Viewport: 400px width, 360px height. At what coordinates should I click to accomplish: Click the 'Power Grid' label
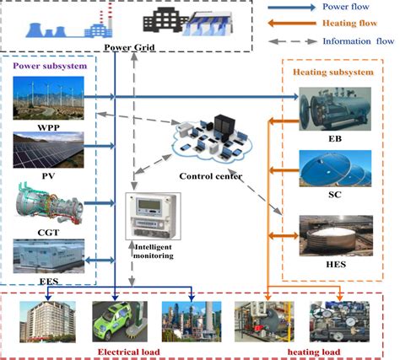[x=128, y=46]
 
